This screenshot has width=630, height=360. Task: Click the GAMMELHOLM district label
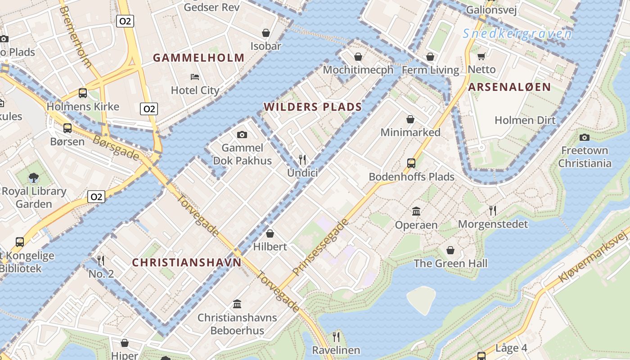click(198, 58)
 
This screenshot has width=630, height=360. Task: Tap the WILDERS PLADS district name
click(313, 107)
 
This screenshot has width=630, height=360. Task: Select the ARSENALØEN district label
click(509, 87)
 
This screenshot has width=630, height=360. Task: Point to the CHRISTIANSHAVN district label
click(187, 263)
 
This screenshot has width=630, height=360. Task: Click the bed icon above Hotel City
click(195, 76)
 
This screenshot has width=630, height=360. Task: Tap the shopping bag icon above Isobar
click(266, 33)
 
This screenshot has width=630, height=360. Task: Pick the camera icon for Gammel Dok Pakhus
click(242, 135)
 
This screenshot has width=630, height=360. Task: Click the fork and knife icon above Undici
click(302, 159)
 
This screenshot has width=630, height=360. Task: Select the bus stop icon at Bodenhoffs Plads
click(411, 163)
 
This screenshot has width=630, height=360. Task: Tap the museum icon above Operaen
click(416, 211)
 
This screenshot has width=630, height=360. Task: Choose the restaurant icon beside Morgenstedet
click(493, 210)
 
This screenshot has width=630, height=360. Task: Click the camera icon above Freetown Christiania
click(585, 137)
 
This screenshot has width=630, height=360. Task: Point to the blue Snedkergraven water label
click(517, 34)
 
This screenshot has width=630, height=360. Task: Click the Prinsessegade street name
click(320, 247)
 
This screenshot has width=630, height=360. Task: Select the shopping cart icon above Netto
click(481, 56)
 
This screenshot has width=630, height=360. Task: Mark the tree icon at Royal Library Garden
click(33, 178)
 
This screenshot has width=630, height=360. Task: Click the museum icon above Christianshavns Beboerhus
click(237, 304)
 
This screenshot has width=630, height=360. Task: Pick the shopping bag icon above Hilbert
click(270, 233)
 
